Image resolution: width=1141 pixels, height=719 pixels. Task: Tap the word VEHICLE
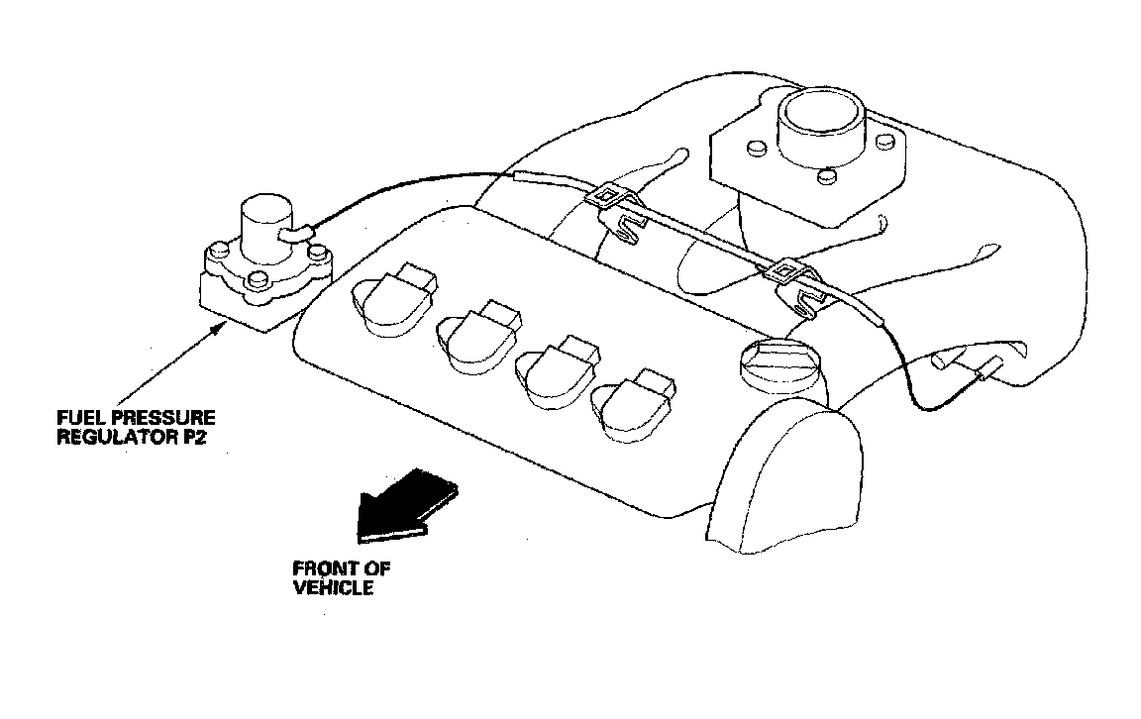pos(333,587)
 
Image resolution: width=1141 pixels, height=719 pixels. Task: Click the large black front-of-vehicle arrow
pos(406,505)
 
